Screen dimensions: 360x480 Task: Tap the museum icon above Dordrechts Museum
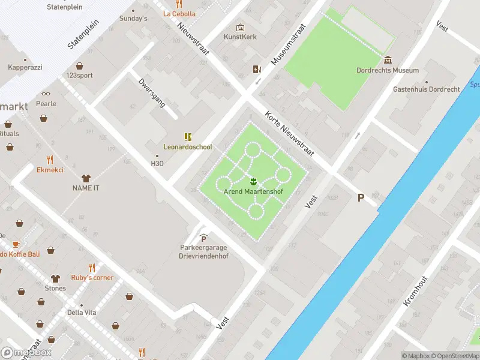[388, 59]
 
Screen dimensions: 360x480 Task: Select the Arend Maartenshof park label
[253, 192]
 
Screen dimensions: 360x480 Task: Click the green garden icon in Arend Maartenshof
[253, 181]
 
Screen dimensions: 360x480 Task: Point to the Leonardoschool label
[188, 147]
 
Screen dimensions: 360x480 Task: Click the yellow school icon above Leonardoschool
[188, 136]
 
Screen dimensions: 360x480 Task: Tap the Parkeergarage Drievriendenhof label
[203, 252]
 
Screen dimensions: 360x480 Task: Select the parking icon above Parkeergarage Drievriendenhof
[203, 238]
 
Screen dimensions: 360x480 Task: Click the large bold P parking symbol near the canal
[361, 197]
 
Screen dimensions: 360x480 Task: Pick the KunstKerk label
[240, 37]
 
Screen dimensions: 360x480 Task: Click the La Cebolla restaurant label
[179, 14]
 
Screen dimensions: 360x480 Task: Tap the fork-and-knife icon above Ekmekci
[50, 160]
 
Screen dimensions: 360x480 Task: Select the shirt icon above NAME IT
[85, 178]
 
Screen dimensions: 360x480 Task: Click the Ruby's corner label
[92, 278]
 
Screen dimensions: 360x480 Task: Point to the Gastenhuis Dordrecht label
[426, 89]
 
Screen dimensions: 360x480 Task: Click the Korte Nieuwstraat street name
[290, 133]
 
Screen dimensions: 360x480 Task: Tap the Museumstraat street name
[289, 44]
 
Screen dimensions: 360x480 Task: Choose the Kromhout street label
[415, 291]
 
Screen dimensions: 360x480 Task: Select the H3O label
[157, 163]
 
